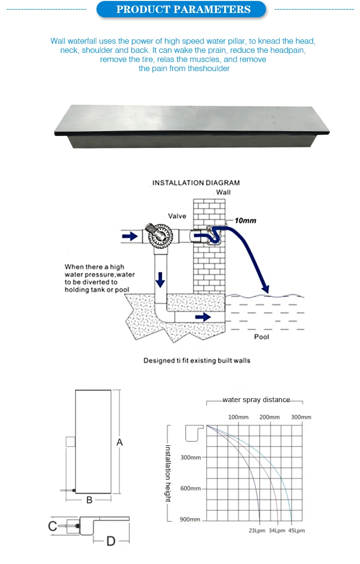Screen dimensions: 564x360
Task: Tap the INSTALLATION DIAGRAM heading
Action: (196, 183)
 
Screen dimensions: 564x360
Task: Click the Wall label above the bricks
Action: (223, 192)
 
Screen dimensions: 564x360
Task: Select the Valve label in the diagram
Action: (177, 216)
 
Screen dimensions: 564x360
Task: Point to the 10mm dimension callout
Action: (245, 221)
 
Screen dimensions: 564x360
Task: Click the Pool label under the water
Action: (262, 337)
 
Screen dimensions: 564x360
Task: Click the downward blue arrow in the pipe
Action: (161, 278)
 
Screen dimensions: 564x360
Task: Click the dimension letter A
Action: (120, 442)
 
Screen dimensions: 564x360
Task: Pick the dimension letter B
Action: (89, 500)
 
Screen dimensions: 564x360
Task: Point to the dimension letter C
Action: (53, 527)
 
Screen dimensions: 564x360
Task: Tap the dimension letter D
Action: (111, 541)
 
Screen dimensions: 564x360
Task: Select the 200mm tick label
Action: (269, 417)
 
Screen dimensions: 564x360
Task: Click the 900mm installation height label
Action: (191, 519)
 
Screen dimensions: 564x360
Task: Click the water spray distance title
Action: (256, 400)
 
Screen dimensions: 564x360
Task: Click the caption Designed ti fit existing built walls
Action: (197, 360)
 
